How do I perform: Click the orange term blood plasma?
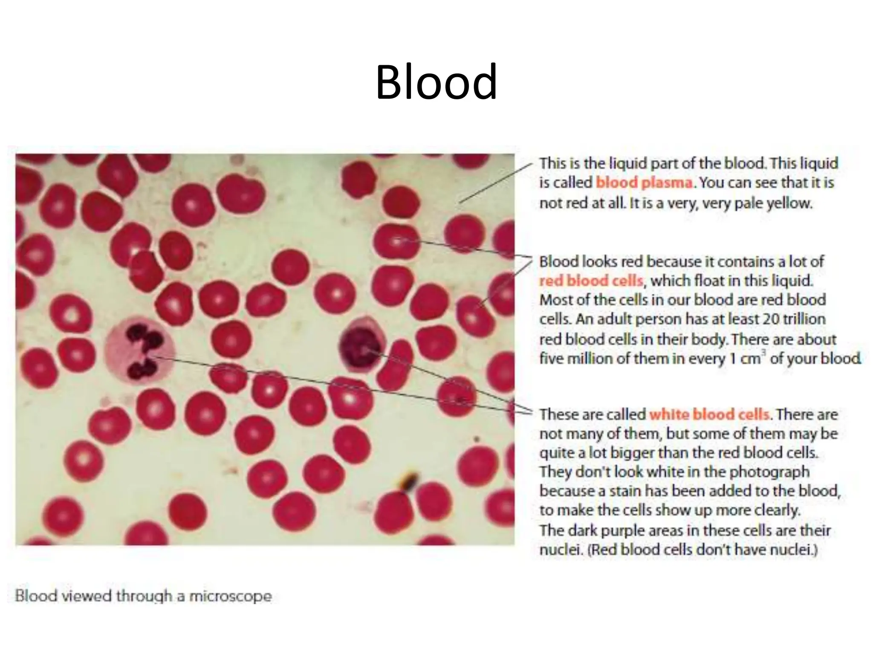point(644,183)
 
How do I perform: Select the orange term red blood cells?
point(591,281)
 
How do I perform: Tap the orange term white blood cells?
point(709,414)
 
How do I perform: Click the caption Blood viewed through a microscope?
point(143,596)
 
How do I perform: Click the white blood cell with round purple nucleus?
point(362,347)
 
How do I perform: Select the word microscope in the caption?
point(230,596)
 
